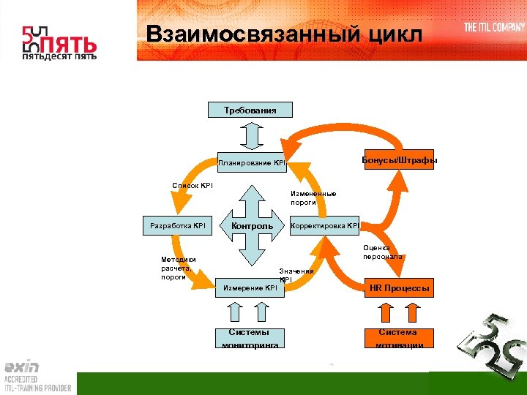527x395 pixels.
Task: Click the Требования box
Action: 250,110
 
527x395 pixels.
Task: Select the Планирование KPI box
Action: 251,162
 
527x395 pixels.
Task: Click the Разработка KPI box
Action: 177,226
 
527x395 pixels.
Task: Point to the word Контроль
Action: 252,226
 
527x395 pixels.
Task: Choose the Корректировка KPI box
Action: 325,226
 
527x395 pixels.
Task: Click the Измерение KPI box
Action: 250,288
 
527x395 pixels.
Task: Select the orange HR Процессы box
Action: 399,288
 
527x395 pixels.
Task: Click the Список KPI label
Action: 193,186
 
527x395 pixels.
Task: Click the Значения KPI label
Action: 296,274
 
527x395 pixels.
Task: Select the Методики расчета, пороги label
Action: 179,268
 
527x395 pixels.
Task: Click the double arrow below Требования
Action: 250,135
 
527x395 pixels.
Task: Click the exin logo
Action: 22,366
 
